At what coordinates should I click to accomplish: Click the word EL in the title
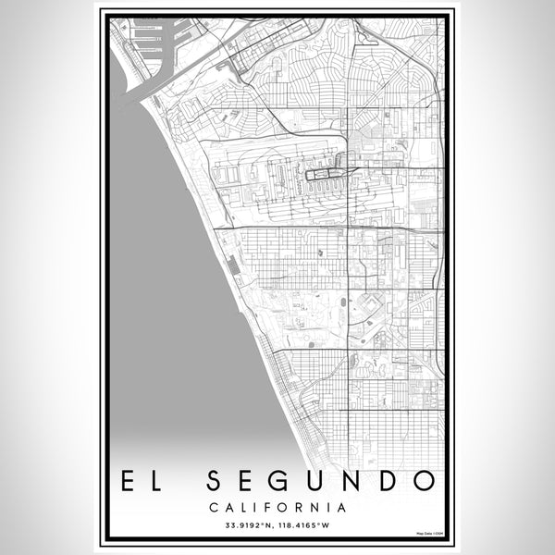(141, 481)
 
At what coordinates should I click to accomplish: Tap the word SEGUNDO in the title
(319, 481)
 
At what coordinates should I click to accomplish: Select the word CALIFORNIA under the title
(277, 507)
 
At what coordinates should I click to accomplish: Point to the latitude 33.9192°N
(244, 526)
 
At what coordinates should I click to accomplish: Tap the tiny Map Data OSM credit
(430, 534)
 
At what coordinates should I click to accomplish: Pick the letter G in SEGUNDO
(281, 481)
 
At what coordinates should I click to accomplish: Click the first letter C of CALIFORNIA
(215, 507)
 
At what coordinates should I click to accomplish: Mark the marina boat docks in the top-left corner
(148, 37)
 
